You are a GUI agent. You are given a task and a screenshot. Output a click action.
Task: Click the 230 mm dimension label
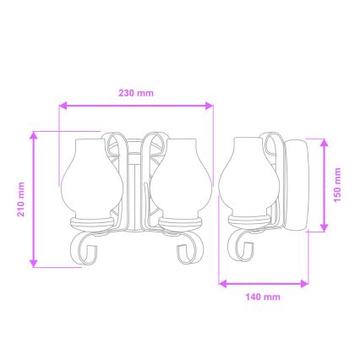pos(136,93)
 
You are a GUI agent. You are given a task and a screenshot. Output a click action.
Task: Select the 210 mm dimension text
pos(21,199)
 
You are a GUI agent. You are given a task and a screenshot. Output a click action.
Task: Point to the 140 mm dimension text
pos(262,297)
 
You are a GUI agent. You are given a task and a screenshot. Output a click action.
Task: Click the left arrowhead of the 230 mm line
pos(63,106)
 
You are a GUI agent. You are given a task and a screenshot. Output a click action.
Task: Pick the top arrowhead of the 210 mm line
pos(34,134)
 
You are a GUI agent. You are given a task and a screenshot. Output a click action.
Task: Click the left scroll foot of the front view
pos(84,248)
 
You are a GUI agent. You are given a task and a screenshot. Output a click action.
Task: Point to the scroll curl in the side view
pos(244,247)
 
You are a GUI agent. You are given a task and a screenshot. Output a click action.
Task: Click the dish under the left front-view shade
pos(91,221)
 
